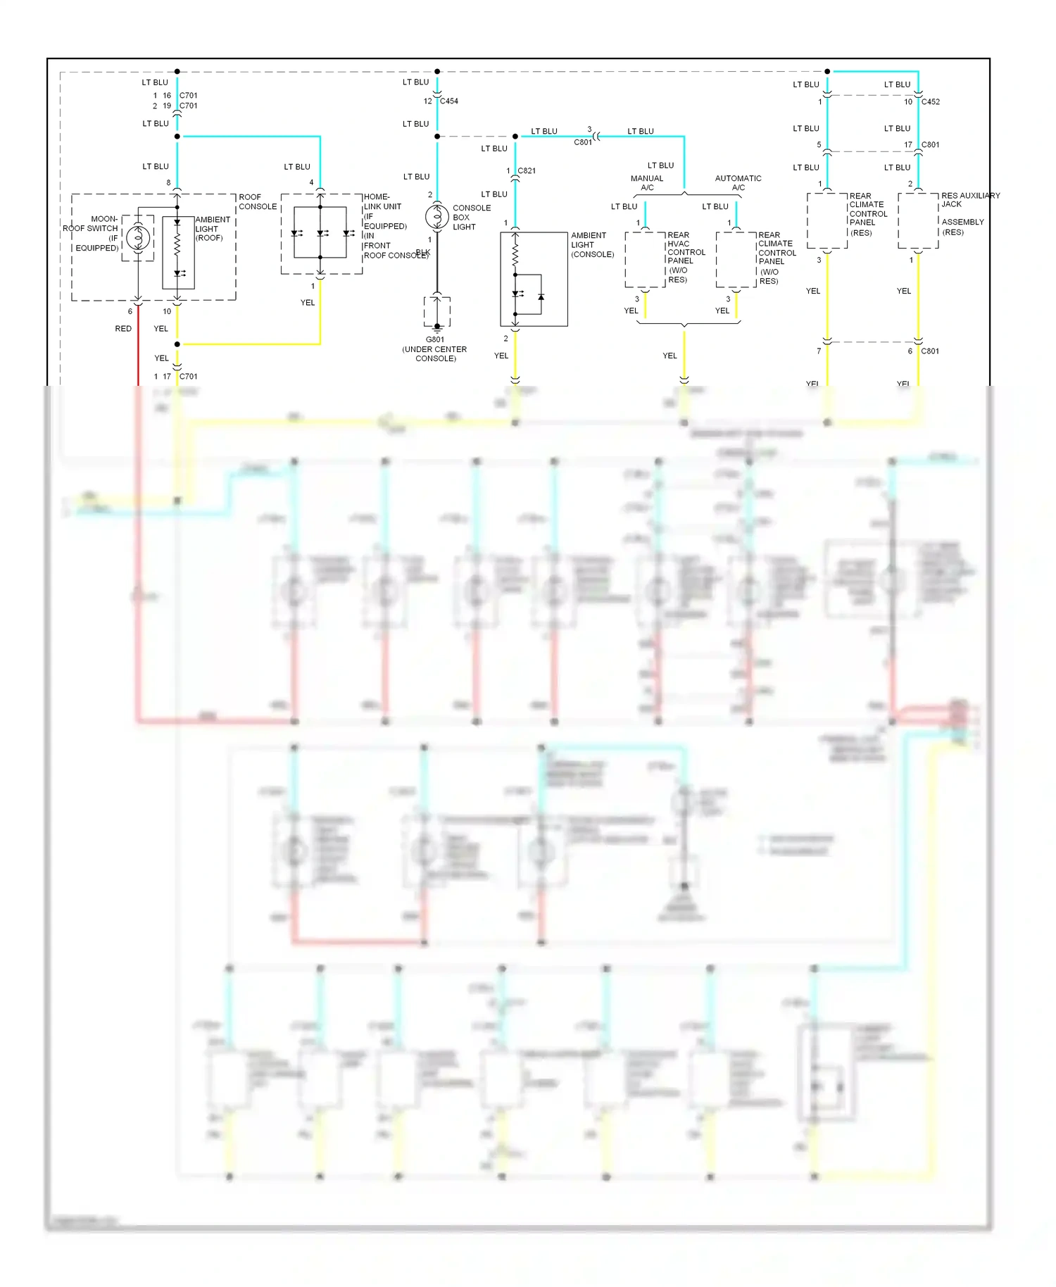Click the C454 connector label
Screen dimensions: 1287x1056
[x=449, y=101]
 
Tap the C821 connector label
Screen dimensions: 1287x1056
[x=527, y=170]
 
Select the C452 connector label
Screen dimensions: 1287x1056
[x=931, y=101]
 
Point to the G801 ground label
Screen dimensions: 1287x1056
[x=435, y=339]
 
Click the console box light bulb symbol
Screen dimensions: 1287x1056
[x=437, y=216]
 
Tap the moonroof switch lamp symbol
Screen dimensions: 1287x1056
[x=138, y=238]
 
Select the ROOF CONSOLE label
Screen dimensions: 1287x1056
[x=258, y=202]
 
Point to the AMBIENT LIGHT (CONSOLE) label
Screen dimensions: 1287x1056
[x=592, y=245]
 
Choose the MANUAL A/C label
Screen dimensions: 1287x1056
[x=647, y=183]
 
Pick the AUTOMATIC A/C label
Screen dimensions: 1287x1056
[x=738, y=183]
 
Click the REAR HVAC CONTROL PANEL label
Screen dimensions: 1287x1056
[x=686, y=257]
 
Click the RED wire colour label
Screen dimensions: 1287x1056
[x=123, y=329]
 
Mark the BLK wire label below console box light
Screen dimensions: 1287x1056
[x=423, y=252]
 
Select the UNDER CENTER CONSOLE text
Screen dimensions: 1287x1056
[x=435, y=353]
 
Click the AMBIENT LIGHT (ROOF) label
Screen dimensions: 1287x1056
[x=212, y=229]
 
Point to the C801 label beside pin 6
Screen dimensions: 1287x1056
[x=930, y=351]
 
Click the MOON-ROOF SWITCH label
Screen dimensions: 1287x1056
[x=92, y=233]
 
